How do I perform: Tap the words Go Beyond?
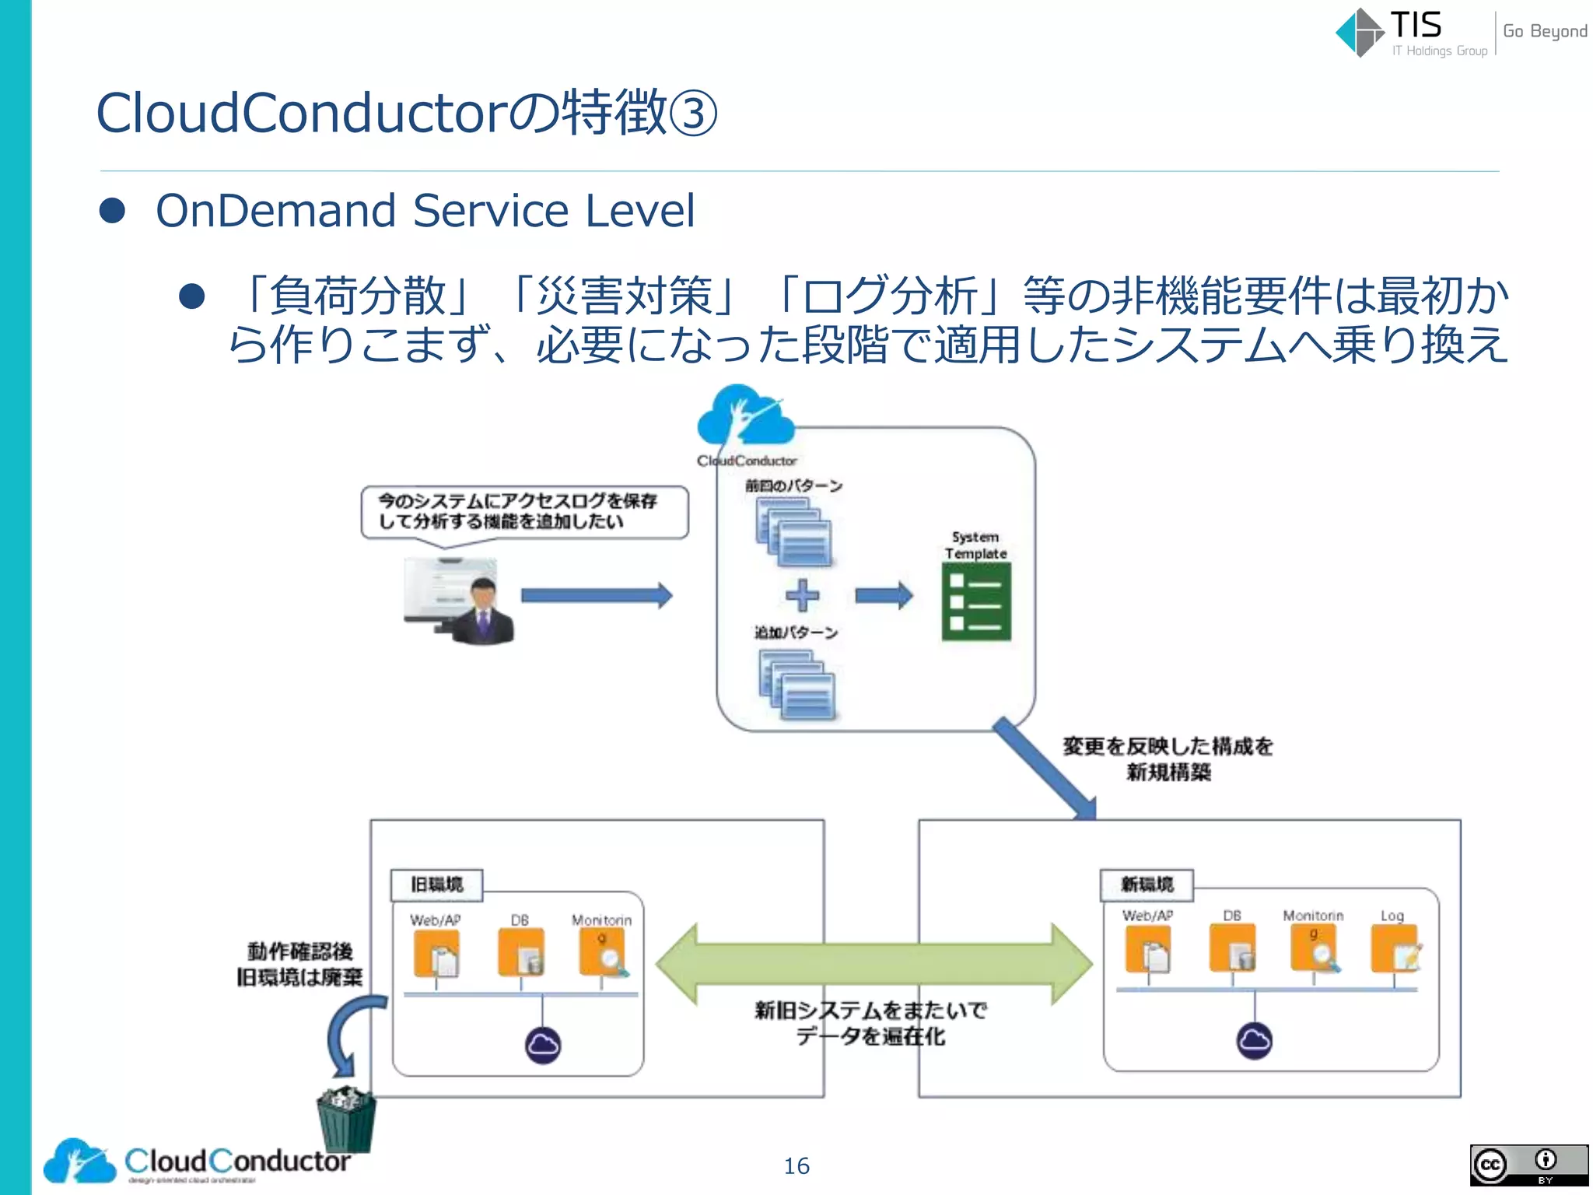1544,31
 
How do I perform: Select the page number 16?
796,1165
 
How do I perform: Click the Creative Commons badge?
1528,1165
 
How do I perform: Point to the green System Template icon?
976,601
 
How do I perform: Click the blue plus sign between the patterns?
802,596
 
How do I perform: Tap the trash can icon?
347,1120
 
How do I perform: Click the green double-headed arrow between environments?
873,964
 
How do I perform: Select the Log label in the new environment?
1392,916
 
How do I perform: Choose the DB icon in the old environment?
520,951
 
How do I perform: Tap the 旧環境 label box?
436,885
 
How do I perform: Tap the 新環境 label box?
1147,885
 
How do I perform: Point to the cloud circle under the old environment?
542,1045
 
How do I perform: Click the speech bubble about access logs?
524,512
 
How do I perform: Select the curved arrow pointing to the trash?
350,1030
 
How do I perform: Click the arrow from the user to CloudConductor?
596,596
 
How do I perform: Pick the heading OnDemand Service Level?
425,211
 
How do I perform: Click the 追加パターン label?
796,633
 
